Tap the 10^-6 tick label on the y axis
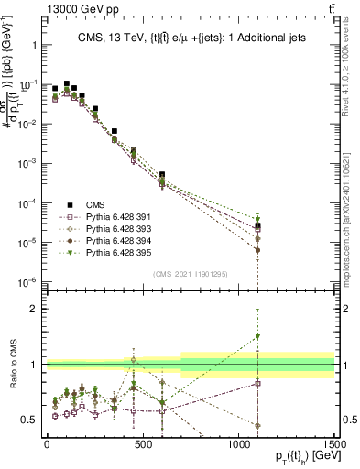click(27, 282)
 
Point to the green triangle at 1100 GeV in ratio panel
click(258, 336)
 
